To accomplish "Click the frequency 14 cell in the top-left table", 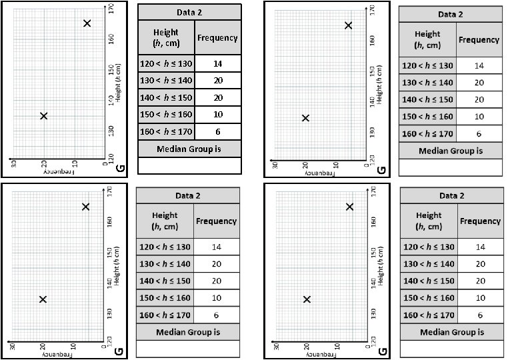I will pyautogui.click(x=217, y=64).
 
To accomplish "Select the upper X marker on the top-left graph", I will pyautogui.click(x=87, y=23).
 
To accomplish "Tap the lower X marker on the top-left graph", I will pyautogui.click(x=44, y=116).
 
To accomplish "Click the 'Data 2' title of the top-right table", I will pyautogui.click(x=450, y=14).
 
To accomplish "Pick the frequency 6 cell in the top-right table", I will pyautogui.click(x=479, y=133).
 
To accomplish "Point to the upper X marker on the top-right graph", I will pyautogui.click(x=348, y=25).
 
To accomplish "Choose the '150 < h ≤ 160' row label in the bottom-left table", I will pyautogui.click(x=165, y=298).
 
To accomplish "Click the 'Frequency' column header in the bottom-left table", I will pyautogui.click(x=216, y=221).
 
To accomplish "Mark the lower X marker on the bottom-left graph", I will pyautogui.click(x=43, y=299).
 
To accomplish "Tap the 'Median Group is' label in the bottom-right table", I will pyautogui.click(x=452, y=331).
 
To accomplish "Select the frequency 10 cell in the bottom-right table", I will pyautogui.click(x=479, y=297).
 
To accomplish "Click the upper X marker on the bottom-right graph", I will pyautogui.click(x=350, y=207).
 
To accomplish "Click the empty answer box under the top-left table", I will pyautogui.click(x=189, y=165).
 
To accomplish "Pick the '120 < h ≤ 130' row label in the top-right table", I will pyautogui.click(x=427, y=65).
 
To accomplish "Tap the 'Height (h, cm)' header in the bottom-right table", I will pyautogui.click(x=428, y=221).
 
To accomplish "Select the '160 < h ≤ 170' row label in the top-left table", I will pyautogui.click(x=166, y=131).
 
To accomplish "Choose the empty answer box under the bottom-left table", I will pyautogui.click(x=187, y=349).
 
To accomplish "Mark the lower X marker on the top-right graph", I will pyautogui.click(x=305, y=118).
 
